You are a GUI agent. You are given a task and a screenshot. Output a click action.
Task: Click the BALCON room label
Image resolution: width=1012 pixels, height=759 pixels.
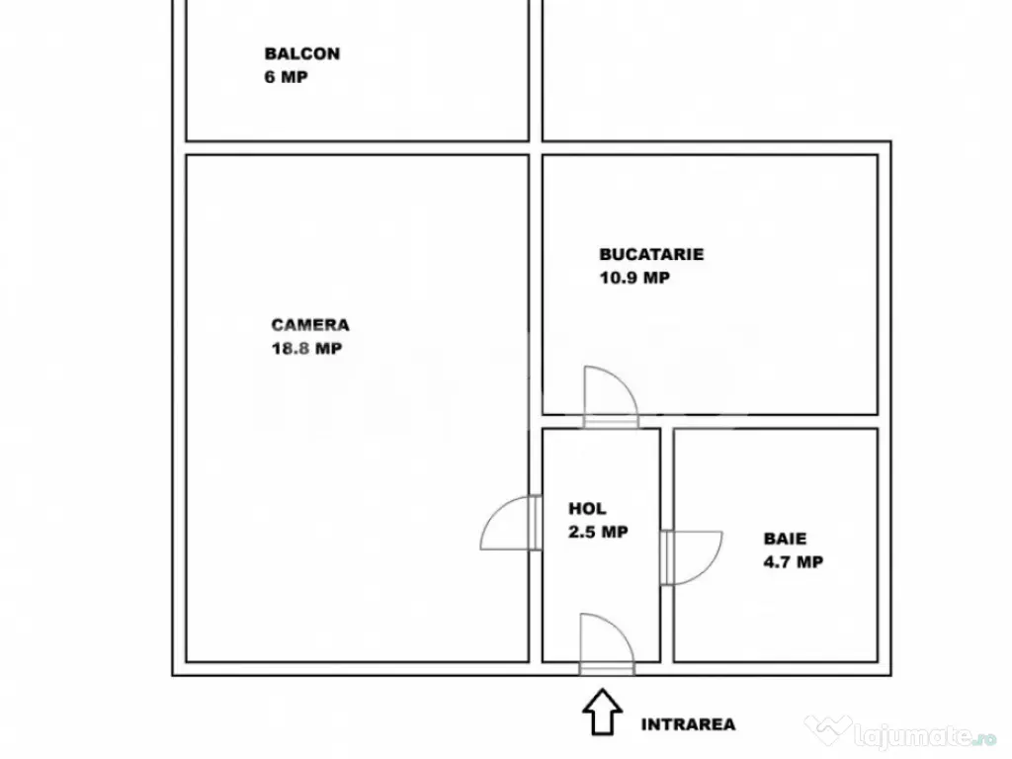(302, 53)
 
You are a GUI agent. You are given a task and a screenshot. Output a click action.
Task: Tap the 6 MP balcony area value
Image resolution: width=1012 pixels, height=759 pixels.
(286, 77)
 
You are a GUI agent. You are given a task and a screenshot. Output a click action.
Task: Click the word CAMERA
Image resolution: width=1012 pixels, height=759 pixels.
(309, 324)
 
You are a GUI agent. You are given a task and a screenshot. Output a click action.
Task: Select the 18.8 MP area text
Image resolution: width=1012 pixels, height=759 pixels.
(306, 349)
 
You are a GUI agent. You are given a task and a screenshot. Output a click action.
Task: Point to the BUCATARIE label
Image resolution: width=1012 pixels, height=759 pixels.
(651, 254)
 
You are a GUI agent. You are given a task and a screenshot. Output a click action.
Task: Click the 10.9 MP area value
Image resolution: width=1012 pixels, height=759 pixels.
(634, 278)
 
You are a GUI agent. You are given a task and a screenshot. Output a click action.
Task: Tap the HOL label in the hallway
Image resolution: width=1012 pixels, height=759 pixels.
(587, 509)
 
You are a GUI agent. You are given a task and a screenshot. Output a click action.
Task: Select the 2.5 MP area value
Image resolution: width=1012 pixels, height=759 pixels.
(598, 532)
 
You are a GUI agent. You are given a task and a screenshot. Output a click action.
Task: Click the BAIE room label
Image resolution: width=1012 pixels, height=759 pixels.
(785, 539)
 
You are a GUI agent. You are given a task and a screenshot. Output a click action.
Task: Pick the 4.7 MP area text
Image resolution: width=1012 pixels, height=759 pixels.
(794, 561)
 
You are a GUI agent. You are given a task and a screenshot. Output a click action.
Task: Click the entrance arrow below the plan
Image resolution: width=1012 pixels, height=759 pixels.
(602, 712)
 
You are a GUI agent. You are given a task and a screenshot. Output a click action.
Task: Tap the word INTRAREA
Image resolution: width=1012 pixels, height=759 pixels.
(688, 724)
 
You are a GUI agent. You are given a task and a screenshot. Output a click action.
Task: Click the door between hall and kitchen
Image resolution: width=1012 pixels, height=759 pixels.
(610, 397)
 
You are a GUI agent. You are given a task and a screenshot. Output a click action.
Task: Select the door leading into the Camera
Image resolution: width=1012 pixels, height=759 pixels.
(511, 523)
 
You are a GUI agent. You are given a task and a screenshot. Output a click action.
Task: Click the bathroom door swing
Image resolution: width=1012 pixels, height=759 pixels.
(691, 558)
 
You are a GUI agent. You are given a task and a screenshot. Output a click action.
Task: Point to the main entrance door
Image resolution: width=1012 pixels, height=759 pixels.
(607, 644)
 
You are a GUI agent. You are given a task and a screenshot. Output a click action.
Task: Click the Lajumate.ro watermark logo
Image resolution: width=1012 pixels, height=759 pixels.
(901, 732)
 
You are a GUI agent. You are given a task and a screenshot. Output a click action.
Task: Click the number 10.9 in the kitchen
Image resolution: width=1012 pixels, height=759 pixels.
(619, 278)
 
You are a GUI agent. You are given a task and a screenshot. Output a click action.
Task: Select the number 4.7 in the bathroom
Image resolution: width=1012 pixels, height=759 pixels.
(777, 561)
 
